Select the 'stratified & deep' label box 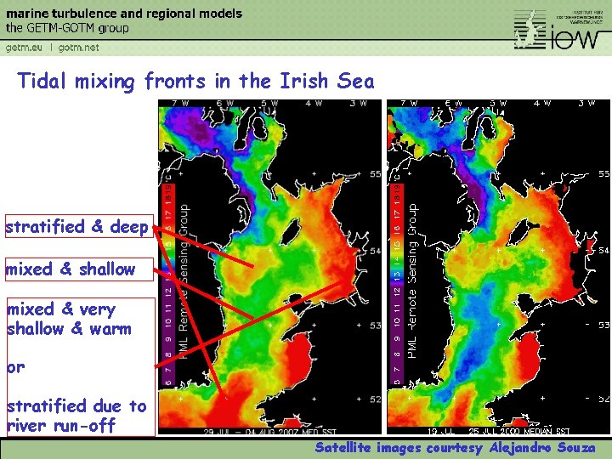click(77, 227)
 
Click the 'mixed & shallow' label click(71, 269)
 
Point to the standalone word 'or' click(15, 368)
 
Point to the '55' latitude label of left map click(376, 173)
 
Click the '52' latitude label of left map click(376, 399)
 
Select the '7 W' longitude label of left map click(180, 104)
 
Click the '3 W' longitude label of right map click(586, 104)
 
